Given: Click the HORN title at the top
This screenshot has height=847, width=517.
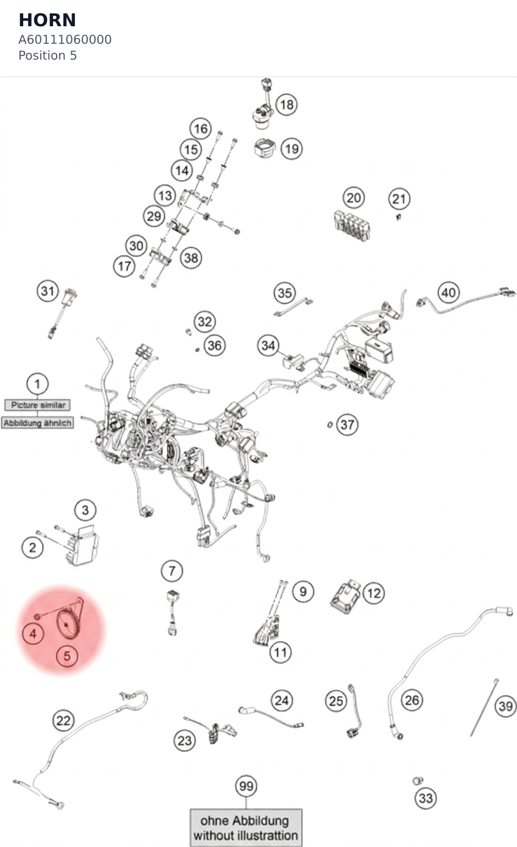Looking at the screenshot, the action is point(48,20).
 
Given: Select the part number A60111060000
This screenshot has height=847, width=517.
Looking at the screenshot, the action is point(65,40).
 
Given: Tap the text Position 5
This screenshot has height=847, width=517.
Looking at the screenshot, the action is point(48,55).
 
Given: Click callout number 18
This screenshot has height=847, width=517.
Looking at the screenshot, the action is point(287,105).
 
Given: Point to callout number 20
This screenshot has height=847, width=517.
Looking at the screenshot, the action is point(354,198).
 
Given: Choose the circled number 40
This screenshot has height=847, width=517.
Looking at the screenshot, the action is point(449,292).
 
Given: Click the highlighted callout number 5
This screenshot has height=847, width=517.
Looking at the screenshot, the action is point(67,656).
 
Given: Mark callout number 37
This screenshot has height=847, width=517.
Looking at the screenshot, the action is point(347,425).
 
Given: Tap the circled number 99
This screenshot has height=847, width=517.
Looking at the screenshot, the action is point(246,786).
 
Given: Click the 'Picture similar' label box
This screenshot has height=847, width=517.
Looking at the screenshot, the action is point(37,405).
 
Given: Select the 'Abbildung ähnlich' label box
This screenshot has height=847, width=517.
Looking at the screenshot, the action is point(37,423).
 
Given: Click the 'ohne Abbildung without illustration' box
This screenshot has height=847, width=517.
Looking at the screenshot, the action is point(246,828).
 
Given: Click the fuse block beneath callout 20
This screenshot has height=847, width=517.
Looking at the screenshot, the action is point(352,225).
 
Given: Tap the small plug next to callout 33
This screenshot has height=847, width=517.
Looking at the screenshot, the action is point(417,781).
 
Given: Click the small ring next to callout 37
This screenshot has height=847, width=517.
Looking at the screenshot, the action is point(330,425).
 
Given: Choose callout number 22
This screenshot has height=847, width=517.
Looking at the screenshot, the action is point(63,720).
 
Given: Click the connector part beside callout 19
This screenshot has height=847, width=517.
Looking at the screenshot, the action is point(265,148).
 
